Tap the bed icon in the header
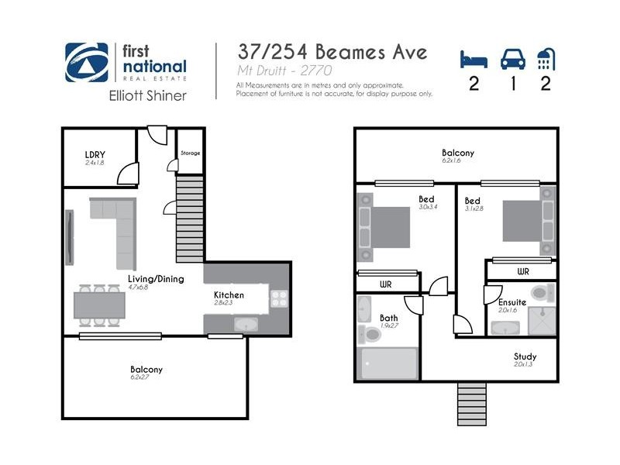click(x=473, y=59)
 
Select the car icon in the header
click(x=512, y=59)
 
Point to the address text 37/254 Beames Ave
click(x=332, y=53)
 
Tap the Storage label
click(x=190, y=153)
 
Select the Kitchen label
click(x=229, y=294)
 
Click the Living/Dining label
click(x=156, y=279)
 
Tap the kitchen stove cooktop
click(x=279, y=300)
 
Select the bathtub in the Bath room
click(x=389, y=363)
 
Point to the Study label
click(x=525, y=357)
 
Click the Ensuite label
click(x=512, y=301)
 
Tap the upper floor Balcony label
click(x=457, y=153)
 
